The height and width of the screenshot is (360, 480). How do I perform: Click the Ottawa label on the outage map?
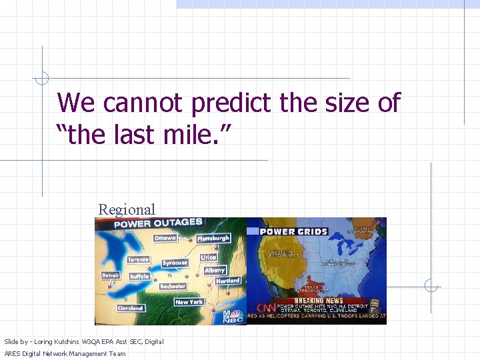click(x=165, y=238)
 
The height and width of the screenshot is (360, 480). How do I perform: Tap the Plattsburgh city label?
click(x=213, y=238)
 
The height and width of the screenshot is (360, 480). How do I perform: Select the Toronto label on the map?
click(x=138, y=259)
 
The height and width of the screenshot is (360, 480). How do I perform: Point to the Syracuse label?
click(x=175, y=263)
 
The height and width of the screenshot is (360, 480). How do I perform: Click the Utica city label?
click(x=209, y=257)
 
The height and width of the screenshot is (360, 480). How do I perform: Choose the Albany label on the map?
click(x=215, y=270)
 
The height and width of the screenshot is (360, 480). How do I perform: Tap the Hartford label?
click(x=228, y=281)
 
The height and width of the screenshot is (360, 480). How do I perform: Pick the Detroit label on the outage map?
click(x=111, y=275)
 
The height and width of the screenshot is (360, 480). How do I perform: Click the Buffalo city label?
click(x=139, y=276)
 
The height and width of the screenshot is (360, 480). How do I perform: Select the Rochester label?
click(x=173, y=286)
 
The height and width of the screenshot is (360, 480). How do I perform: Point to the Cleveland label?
click(x=130, y=308)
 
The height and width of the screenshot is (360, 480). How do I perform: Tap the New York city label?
click(x=189, y=302)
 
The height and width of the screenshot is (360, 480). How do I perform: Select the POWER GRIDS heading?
click(x=294, y=231)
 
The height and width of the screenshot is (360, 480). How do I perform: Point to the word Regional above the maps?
click(x=127, y=209)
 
